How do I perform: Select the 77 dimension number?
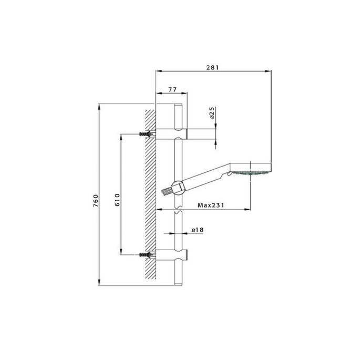[x=171, y=90]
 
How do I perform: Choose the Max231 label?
[x=211, y=205]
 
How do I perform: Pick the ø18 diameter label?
[x=198, y=230]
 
